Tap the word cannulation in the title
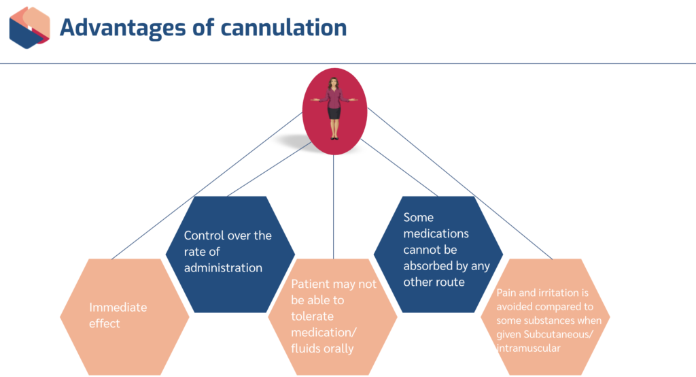(284, 27)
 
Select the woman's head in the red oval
(334, 84)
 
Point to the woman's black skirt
(334, 112)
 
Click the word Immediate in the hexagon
(118, 307)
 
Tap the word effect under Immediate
(105, 323)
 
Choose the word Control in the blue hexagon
(204, 235)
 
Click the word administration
(223, 267)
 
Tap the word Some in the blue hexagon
(419, 218)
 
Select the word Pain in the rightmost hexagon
(506, 293)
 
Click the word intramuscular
(529, 348)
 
